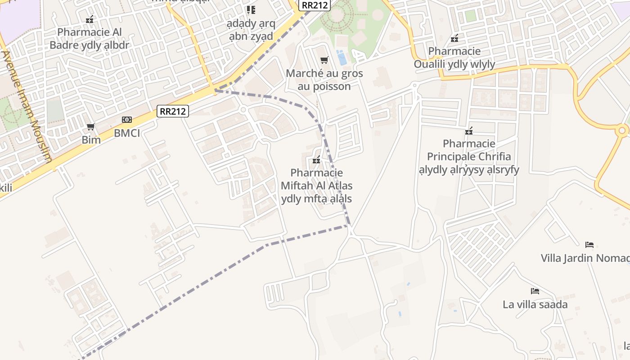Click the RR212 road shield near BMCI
click(173, 111)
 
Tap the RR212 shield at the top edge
click(315, 5)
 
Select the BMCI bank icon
click(127, 120)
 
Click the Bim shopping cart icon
click(91, 127)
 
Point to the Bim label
click(91, 139)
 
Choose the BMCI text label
click(127, 133)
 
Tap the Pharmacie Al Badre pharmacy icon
click(90, 19)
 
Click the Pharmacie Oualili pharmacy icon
click(454, 38)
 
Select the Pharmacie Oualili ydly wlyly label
click(454, 58)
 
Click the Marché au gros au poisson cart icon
click(324, 60)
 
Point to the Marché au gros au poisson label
click(324, 80)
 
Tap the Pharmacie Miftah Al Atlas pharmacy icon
click(316, 160)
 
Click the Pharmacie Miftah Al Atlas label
click(316, 185)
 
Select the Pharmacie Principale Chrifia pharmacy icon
click(469, 131)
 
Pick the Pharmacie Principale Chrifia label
click(469, 157)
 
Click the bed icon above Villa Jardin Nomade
click(589, 245)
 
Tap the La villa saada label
click(535, 305)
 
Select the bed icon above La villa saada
click(535, 291)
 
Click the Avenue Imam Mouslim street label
click(27, 106)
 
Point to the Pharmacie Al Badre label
click(90, 39)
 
